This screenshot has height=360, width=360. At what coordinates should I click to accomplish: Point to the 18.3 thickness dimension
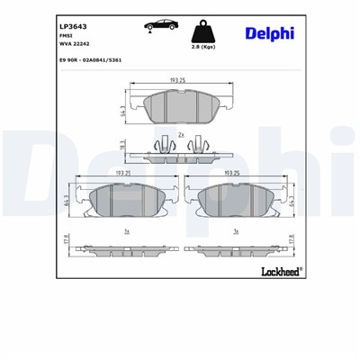coord(123,143)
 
